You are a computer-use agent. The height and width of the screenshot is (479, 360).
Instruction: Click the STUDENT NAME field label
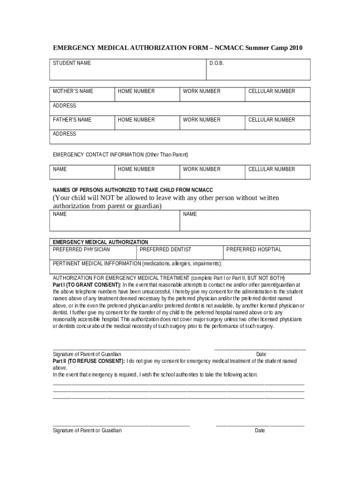coord(72,63)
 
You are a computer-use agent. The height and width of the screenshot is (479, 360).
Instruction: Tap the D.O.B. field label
coord(216,63)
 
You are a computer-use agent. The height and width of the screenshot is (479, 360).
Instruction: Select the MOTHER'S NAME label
coord(73,91)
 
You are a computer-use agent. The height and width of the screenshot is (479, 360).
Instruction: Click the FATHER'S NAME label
coord(72,120)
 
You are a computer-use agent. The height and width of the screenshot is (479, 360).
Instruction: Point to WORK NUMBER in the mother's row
coord(202,91)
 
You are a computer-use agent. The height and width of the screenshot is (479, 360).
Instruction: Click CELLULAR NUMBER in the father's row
coord(272,120)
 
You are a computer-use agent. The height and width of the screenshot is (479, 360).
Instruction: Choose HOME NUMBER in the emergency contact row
coord(136,169)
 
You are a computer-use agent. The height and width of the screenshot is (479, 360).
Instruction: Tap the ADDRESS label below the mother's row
coord(64,106)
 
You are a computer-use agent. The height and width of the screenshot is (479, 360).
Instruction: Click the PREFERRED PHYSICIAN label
coord(81,249)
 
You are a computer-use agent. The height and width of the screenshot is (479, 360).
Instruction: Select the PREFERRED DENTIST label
coord(166,249)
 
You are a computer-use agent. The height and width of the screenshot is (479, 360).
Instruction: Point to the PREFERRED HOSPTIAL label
coord(254,249)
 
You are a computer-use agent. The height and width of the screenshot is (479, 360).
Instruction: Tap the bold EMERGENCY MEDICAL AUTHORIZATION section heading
coord(100,242)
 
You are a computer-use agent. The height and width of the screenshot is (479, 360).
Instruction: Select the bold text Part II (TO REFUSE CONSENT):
coord(89,361)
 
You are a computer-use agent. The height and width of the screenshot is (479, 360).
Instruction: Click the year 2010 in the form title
coord(295,48)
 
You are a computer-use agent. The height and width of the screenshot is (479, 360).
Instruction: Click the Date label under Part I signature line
coord(261,354)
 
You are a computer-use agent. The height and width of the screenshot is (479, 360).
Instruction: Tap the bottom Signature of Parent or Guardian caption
coord(87,430)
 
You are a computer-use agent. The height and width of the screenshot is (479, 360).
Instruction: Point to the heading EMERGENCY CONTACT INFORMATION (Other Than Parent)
coord(120,154)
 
